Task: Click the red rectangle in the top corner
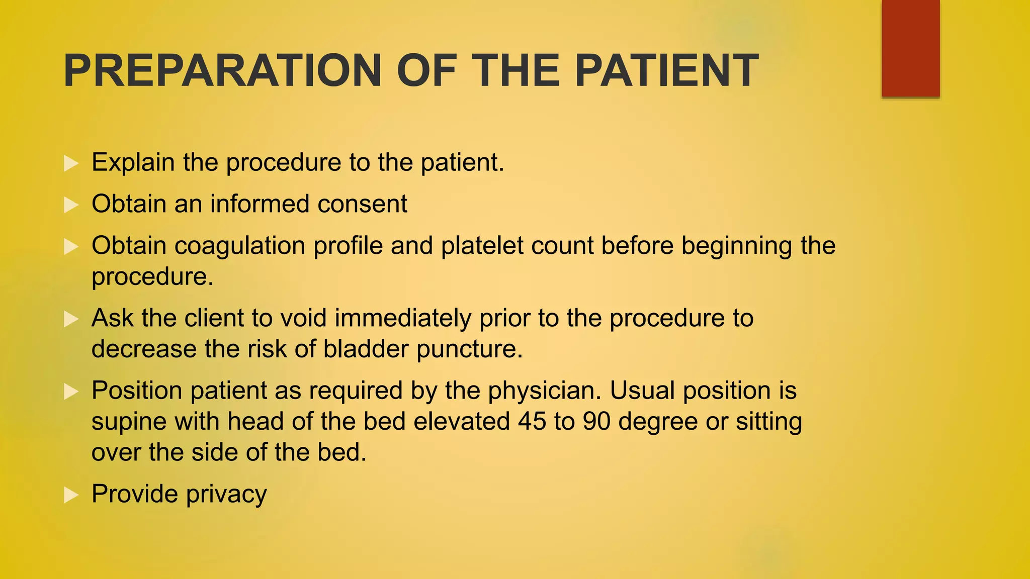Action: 910,48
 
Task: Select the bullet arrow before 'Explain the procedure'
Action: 71,163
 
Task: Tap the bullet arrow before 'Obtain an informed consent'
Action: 71,205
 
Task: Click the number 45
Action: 532,421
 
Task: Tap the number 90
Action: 596,421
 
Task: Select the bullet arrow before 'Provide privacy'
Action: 71,495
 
